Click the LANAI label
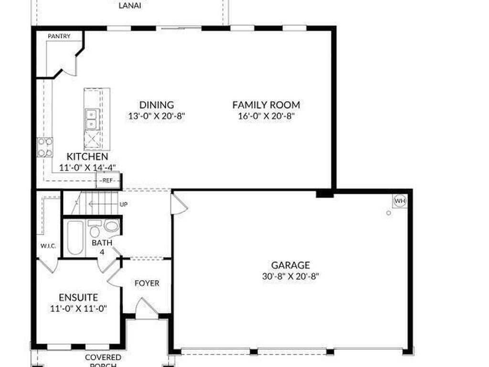point(129,6)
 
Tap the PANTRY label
point(59,36)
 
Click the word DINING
point(156,105)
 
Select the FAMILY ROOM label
point(266,105)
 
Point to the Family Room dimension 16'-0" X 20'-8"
point(266,116)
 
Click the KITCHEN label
point(87,157)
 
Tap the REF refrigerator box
point(107,181)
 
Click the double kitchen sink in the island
point(91,119)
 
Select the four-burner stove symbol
point(45,147)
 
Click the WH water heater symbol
point(400,201)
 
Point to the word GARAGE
point(290,265)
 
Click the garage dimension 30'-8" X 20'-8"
point(290,276)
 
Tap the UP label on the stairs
point(123,205)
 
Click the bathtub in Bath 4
point(75,237)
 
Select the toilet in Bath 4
point(111,227)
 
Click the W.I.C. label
point(48,246)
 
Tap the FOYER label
point(147,283)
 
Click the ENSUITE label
point(78,298)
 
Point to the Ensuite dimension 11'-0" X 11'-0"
point(78,308)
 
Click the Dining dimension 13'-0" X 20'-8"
point(156,116)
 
